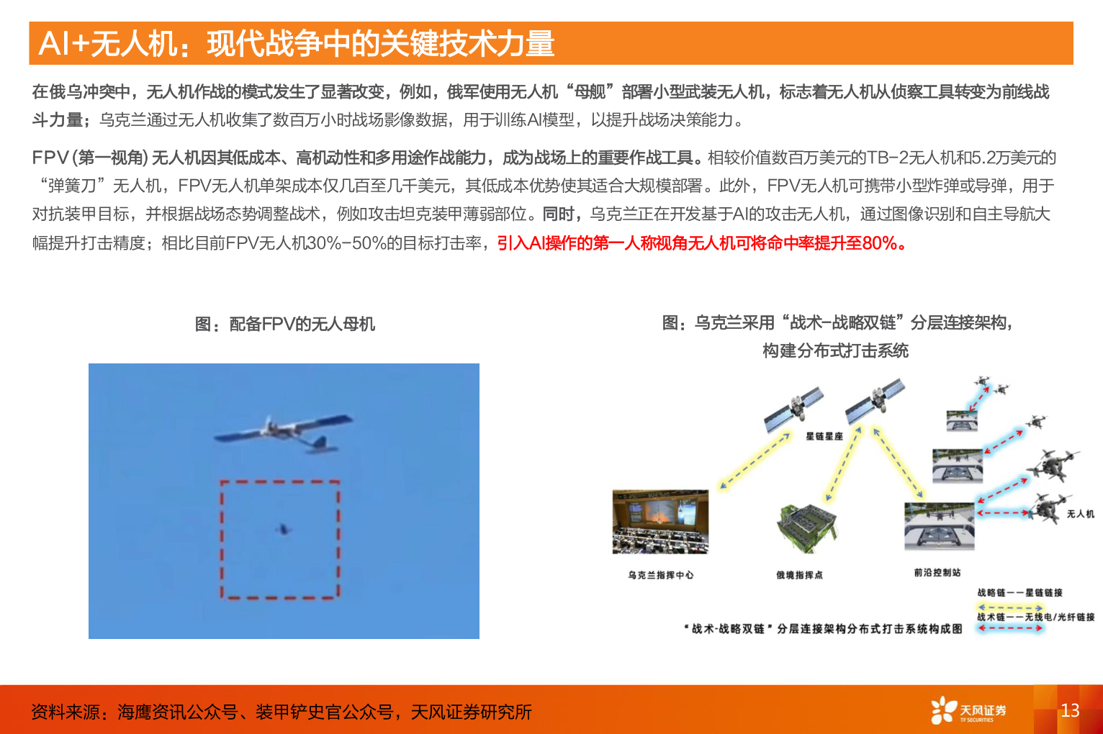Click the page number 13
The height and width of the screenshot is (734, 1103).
pyautogui.click(x=1070, y=710)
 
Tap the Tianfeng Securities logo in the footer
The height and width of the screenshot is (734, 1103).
pyautogui.click(x=968, y=710)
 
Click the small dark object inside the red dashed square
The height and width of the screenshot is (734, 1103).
pyautogui.click(x=283, y=530)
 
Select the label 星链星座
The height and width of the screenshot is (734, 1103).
pyautogui.click(x=824, y=436)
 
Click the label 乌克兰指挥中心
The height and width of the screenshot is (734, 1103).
pyautogui.click(x=660, y=575)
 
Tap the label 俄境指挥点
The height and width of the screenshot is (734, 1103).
pyautogui.click(x=799, y=575)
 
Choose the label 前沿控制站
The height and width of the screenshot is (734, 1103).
pyautogui.click(x=937, y=572)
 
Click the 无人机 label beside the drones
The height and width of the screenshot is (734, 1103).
pyautogui.click(x=1080, y=514)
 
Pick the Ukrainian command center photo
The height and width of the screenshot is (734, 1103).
pyautogui.click(x=660, y=522)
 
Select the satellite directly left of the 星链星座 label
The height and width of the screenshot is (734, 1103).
pyautogui.click(x=793, y=407)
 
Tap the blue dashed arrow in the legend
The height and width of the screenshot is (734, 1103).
pyautogui.click(x=1010, y=608)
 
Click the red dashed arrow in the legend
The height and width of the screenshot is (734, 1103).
pyautogui.click(x=1010, y=627)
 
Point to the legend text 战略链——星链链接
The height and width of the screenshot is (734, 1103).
pyautogui.click(x=1019, y=593)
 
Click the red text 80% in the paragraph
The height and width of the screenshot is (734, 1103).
pyautogui.click(x=879, y=243)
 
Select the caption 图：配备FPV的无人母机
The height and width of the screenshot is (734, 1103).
pyautogui.click(x=284, y=324)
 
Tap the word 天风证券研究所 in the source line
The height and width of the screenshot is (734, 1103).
pyautogui.click(x=471, y=712)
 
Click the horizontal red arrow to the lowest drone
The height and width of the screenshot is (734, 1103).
pyautogui.click(x=1004, y=513)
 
